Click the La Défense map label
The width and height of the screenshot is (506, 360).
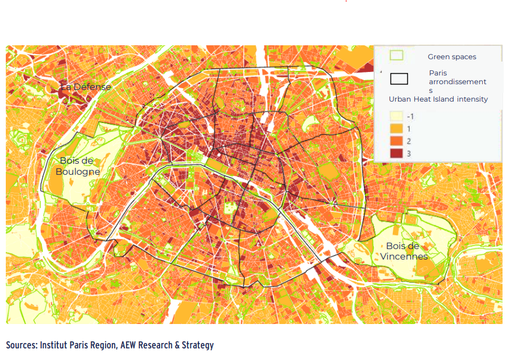pyautogui.click(x=85, y=87)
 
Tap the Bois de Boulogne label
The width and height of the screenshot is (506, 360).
pyautogui.click(x=78, y=166)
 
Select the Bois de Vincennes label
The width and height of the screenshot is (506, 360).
pyautogui.click(x=404, y=251)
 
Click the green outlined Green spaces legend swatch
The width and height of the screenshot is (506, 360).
pyautogui.click(x=396, y=56)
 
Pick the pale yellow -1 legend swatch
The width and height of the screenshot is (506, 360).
pyautogui.click(x=396, y=116)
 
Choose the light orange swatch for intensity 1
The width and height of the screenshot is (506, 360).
pyautogui.click(x=396, y=128)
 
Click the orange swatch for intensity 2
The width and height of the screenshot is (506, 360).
pyautogui.click(x=396, y=141)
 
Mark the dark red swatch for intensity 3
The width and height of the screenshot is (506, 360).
pyautogui.click(x=396, y=153)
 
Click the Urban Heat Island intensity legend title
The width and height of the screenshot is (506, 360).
pyautogui.click(x=438, y=99)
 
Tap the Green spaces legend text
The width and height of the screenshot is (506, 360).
pyautogui.click(x=451, y=57)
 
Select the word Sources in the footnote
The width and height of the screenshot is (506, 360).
pyautogui.click(x=21, y=345)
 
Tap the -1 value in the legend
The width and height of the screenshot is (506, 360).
pyautogui.click(x=410, y=116)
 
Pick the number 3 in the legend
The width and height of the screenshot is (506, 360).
pyautogui.click(x=409, y=153)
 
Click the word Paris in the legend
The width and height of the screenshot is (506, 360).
pyautogui.click(x=438, y=73)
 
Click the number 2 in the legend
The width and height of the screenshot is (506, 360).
pyautogui.click(x=409, y=141)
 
